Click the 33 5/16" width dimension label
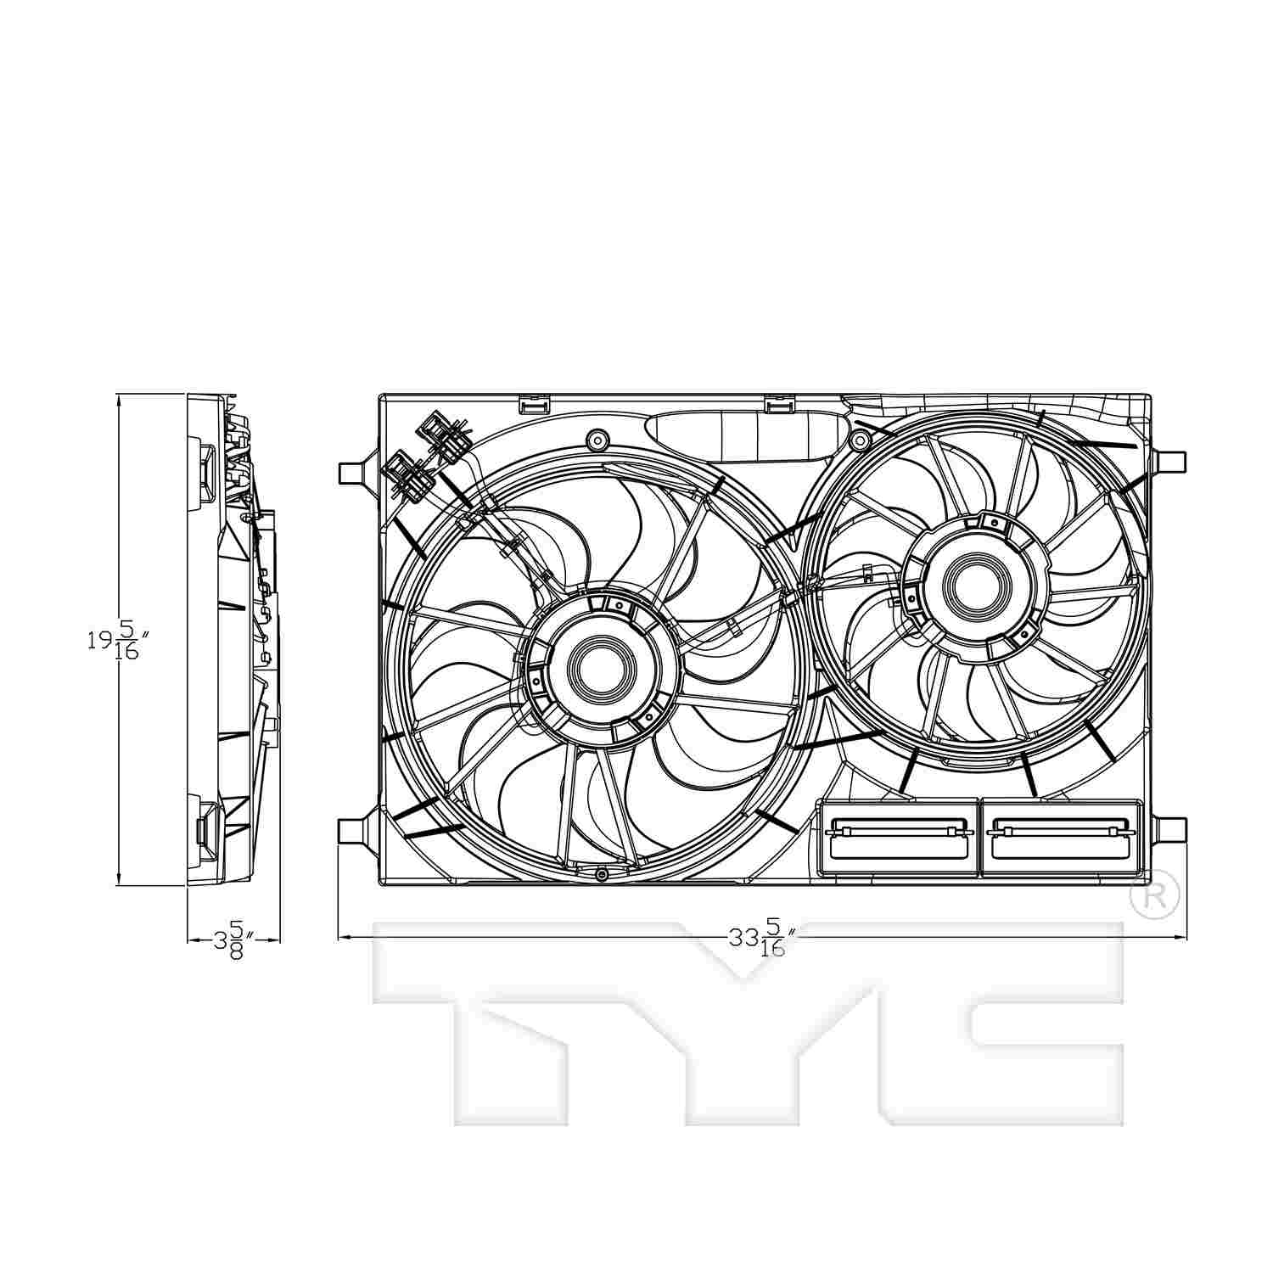760,938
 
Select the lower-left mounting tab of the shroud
352,830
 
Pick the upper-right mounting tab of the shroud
1171,461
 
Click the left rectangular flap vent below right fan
898,838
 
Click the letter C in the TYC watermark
1001,1018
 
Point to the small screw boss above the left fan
597,440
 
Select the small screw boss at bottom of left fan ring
602,874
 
